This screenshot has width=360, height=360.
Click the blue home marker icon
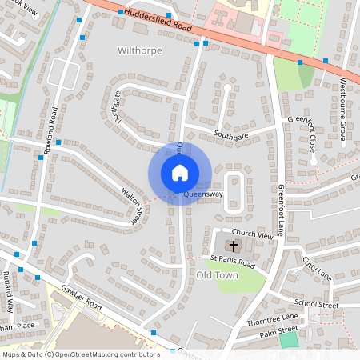(x=180, y=173)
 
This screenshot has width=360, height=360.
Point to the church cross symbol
(x=234, y=245)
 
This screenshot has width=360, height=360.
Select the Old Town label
(x=217, y=275)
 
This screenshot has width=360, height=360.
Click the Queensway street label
(x=202, y=194)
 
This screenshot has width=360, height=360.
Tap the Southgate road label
(x=231, y=137)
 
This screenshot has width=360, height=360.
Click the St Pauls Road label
(x=232, y=262)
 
